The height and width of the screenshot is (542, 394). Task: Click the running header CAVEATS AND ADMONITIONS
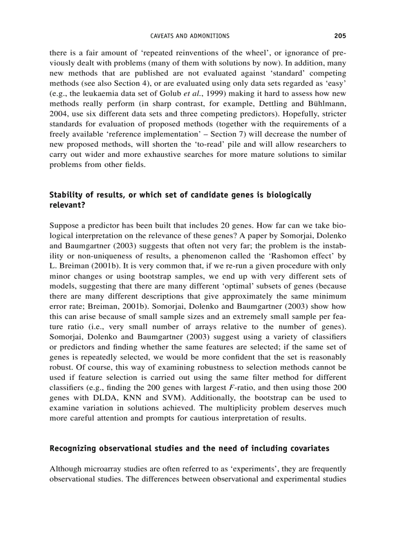190,36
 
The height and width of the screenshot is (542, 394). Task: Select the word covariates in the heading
310,448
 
